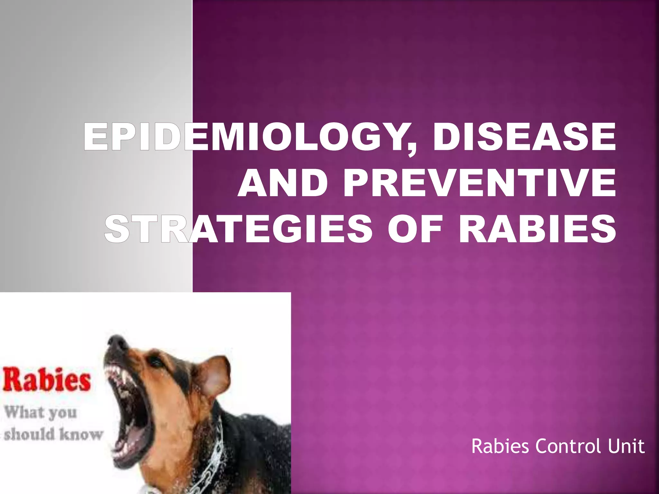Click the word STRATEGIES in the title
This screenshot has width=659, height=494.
click(238, 229)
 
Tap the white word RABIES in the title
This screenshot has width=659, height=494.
click(537, 229)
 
